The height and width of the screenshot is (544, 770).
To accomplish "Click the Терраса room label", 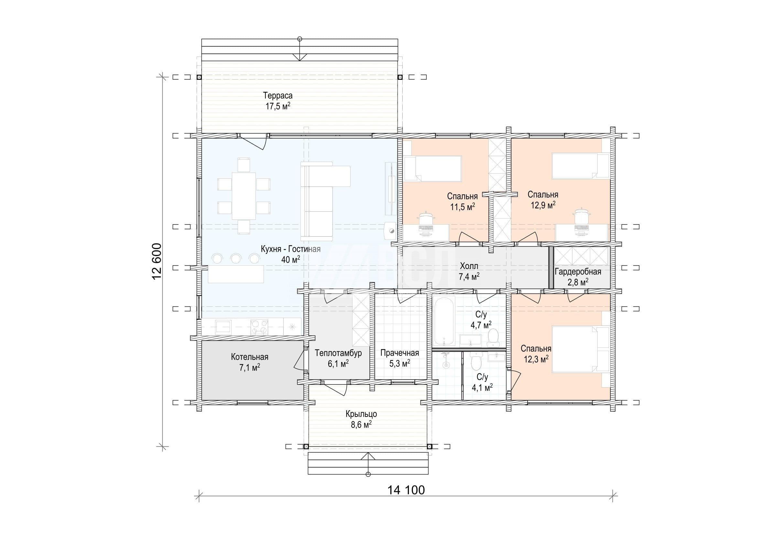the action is pos(278,96).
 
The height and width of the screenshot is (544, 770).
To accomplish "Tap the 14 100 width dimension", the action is pos(406,490).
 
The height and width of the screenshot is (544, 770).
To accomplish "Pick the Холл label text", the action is pos(469,266).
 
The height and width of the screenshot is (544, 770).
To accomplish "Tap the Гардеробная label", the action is pos(578,272).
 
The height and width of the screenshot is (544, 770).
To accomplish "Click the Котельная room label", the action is pos(250,357).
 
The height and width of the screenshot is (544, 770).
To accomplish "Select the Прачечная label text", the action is pos(400,353).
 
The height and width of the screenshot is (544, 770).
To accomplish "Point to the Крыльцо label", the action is pos(361,414).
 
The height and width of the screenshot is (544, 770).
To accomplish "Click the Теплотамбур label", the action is pos(338,353).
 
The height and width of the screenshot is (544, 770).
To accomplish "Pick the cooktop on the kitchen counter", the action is pos(260,327).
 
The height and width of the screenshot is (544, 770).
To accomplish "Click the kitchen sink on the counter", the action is pos(223,326).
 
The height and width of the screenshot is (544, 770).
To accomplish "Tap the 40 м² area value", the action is pos(291,259).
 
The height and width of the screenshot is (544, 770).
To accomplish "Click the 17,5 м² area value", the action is pos(278,107).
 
